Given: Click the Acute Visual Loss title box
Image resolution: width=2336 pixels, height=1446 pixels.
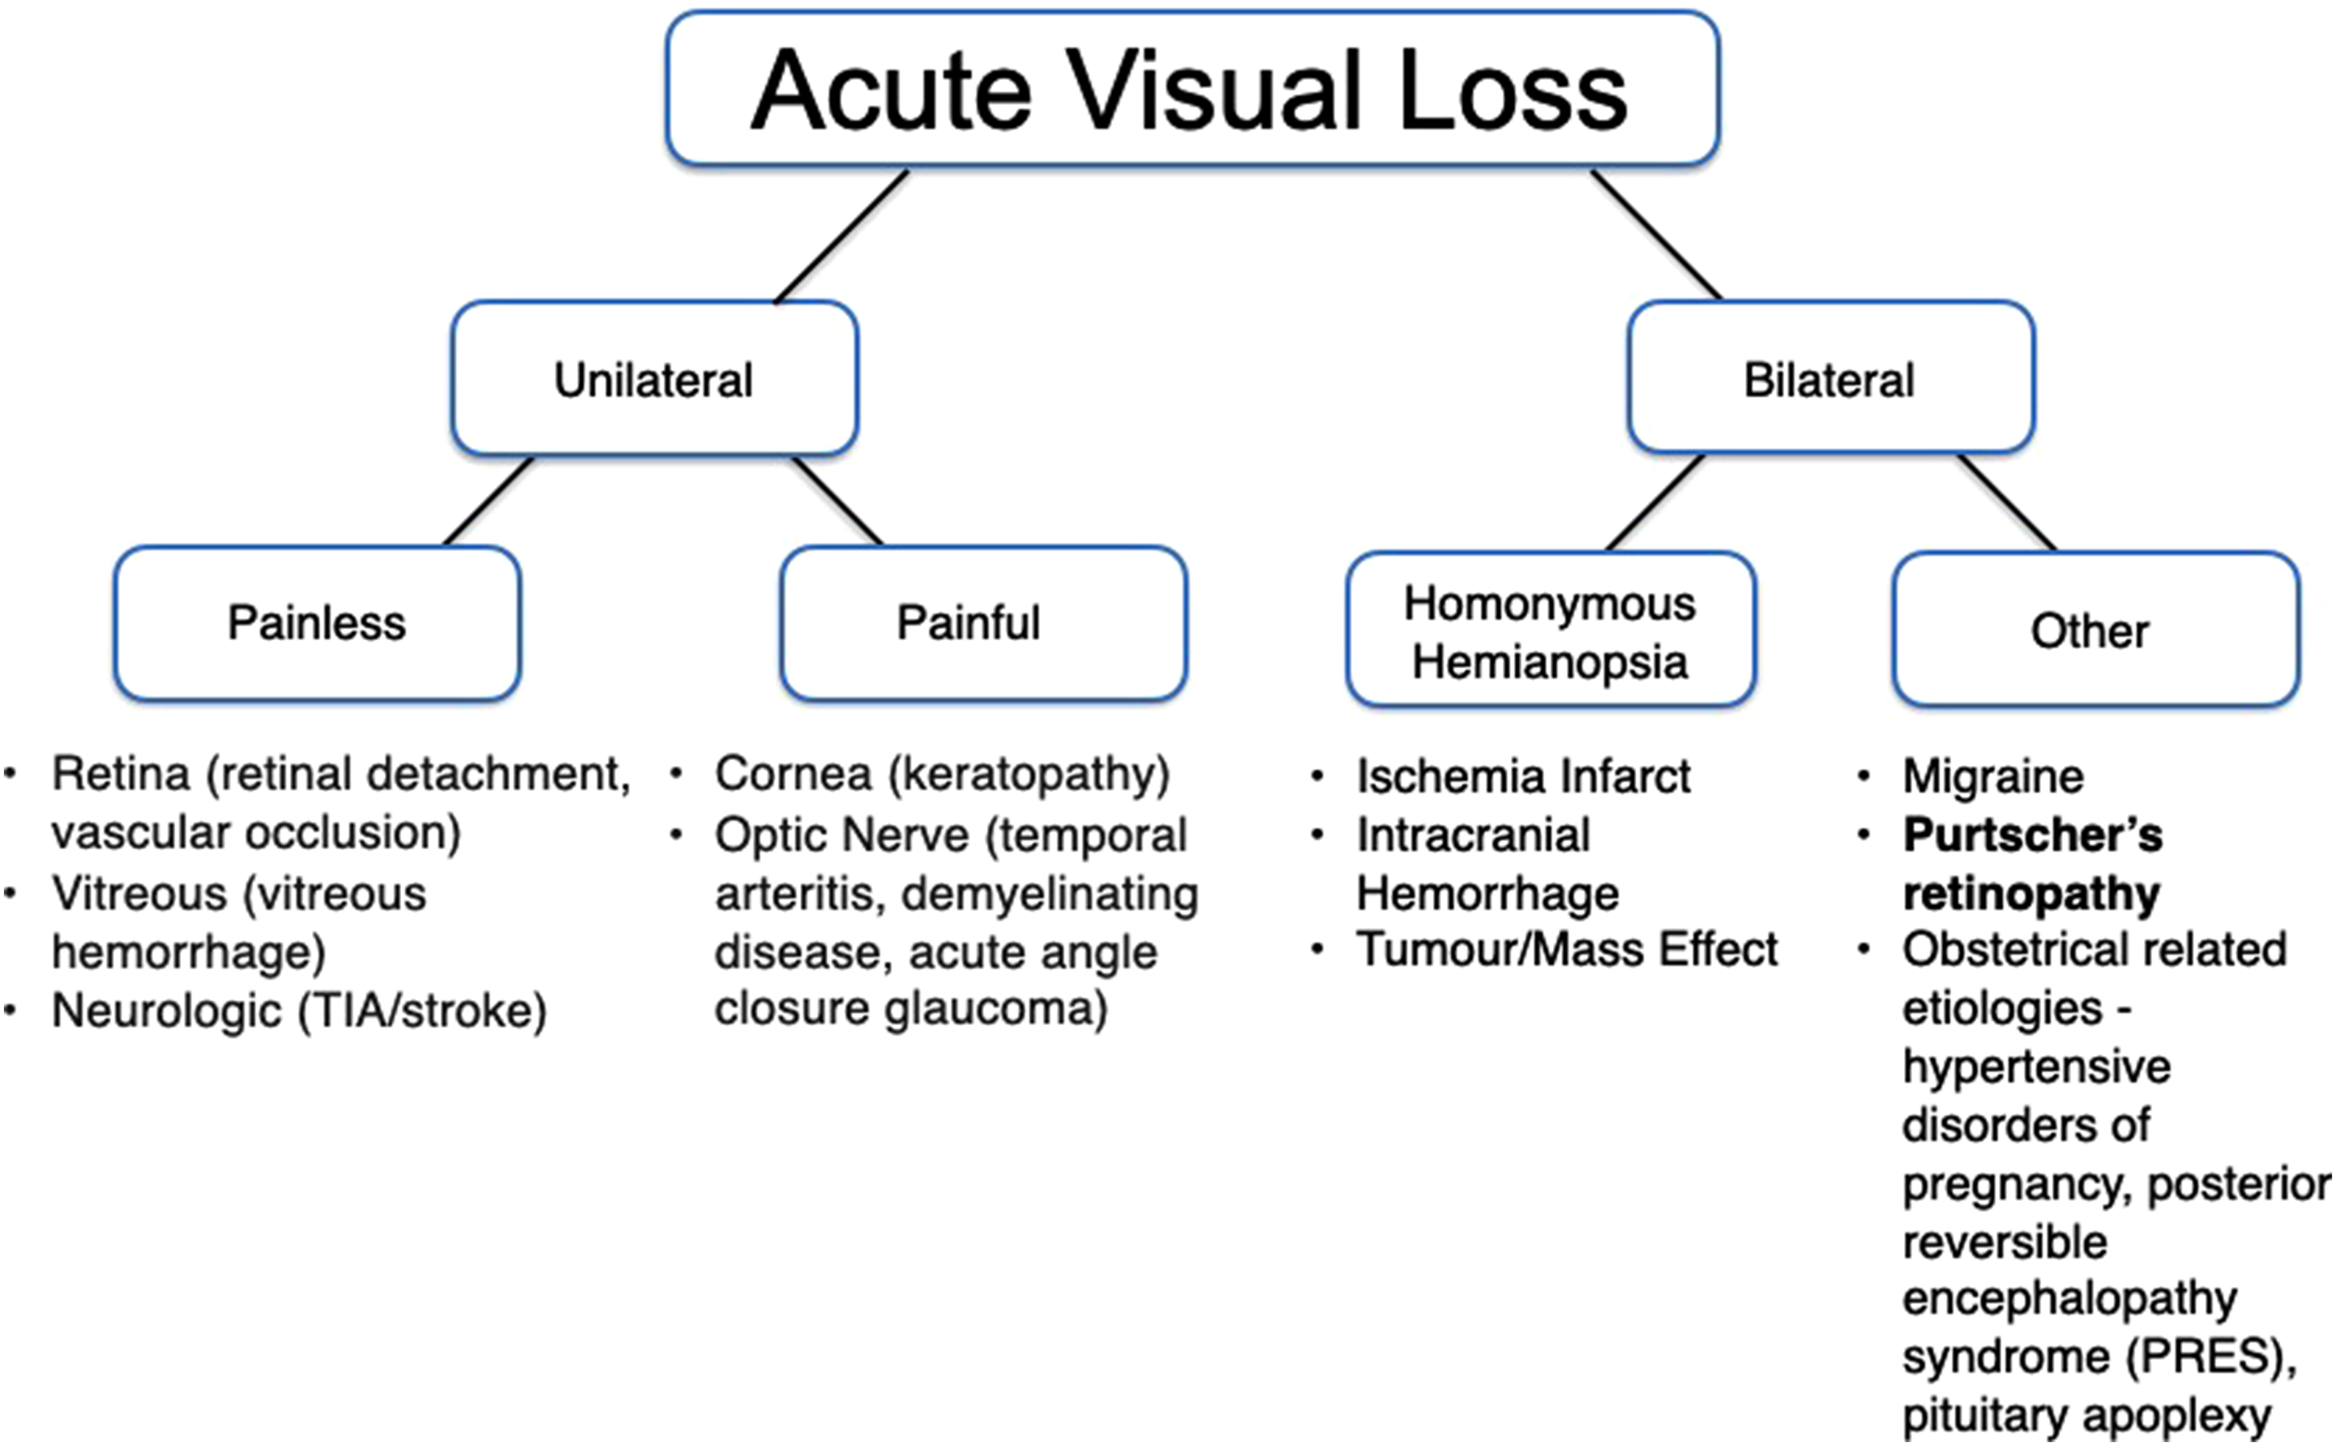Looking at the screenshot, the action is tap(1193, 88).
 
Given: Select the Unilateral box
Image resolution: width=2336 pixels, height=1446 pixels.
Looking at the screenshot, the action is tap(654, 379).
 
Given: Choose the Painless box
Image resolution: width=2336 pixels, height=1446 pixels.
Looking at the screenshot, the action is tap(316, 623).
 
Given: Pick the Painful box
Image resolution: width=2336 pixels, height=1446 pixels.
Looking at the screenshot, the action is tap(983, 623).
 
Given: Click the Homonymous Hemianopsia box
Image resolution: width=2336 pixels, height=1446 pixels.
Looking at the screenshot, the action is tap(1550, 629).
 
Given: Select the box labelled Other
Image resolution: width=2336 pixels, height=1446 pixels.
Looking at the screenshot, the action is tap(2096, 629).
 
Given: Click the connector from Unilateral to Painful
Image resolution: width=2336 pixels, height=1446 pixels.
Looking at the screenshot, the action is tap(837, 501).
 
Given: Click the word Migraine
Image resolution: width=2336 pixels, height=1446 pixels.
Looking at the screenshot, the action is tap(1992, 775).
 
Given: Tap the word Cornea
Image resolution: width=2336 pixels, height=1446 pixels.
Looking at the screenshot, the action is tap(793, 773).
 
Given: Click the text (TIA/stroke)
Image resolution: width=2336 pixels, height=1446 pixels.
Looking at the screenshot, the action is tap(422, 1011).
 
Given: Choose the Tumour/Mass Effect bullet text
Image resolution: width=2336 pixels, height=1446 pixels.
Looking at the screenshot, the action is tap(1567, 950).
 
